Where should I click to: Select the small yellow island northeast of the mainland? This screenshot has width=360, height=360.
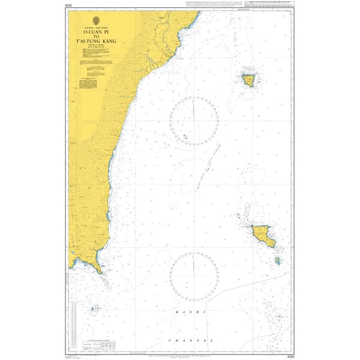[x=248, y=78]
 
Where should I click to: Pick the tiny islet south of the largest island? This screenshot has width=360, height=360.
[x=277, y=260]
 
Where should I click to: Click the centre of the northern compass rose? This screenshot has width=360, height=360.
[x=194, y=121]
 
